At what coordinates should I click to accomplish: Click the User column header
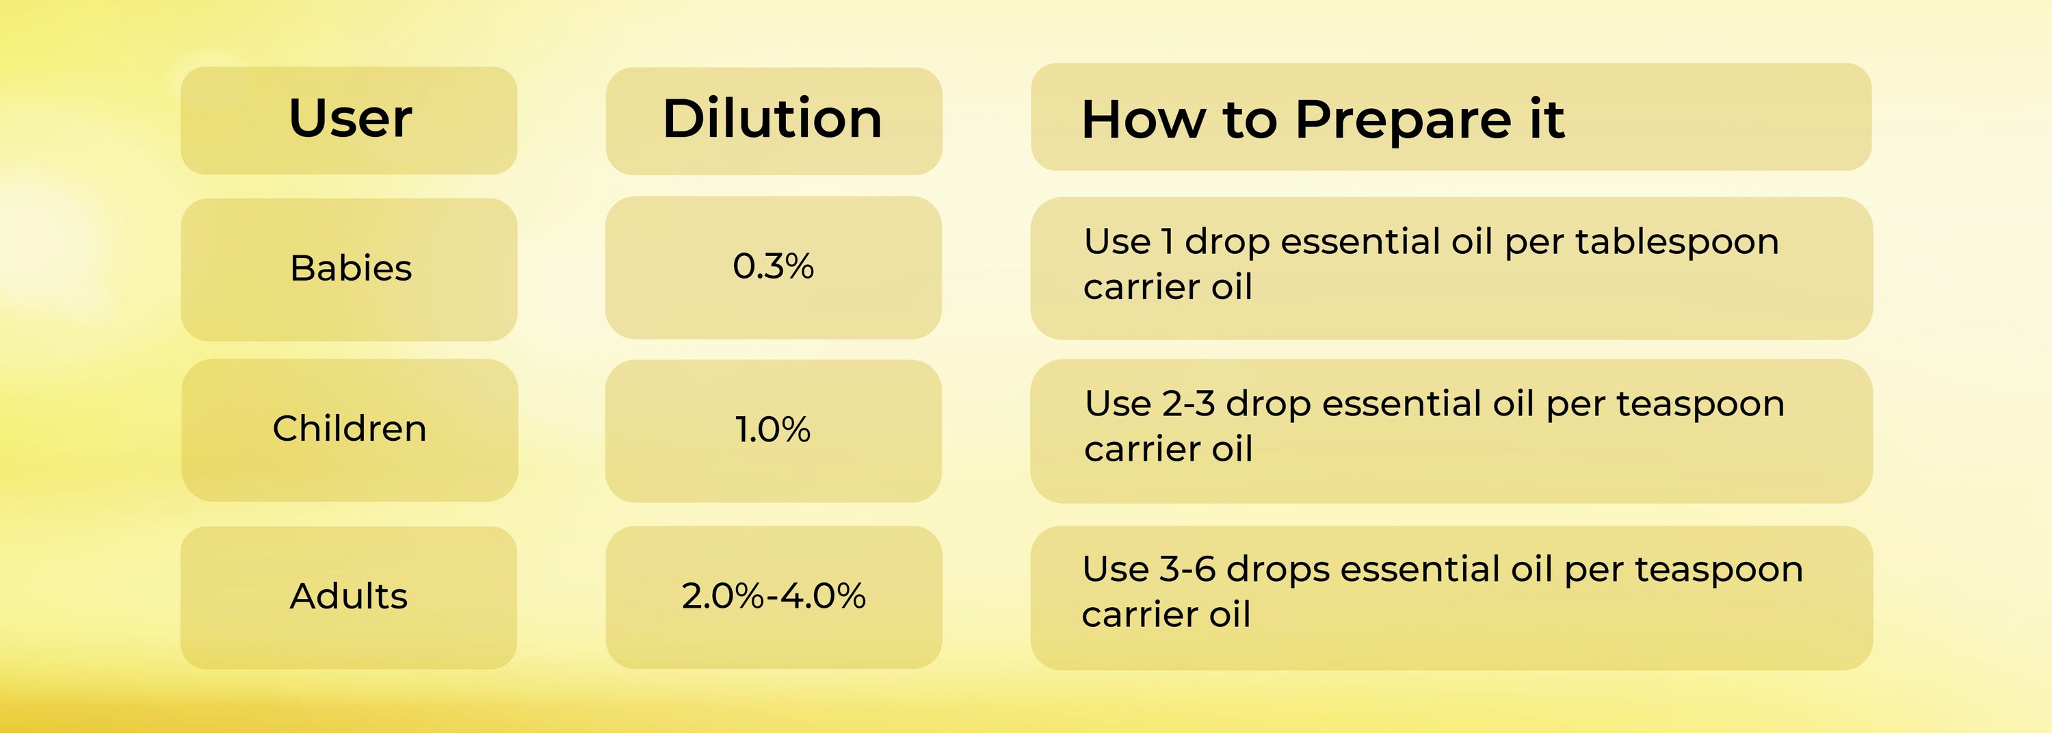[x=350, y=118]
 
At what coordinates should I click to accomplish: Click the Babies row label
[x=350, y=268]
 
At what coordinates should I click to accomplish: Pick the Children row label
[x=350, y=428]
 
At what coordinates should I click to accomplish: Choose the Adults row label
[x=349, y=596]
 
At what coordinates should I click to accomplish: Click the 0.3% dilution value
[x=773, y=266]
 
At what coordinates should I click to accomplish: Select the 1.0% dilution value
[x=773, y=429]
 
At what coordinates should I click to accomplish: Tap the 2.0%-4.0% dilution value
[x=774, y=596]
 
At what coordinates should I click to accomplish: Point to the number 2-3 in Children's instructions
[x=1189, y=404]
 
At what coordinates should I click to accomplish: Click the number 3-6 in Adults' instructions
[x=1187, y=569]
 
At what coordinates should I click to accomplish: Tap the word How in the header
[x=1143, y=120]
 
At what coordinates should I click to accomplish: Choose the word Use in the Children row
[x=1118, y=404]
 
